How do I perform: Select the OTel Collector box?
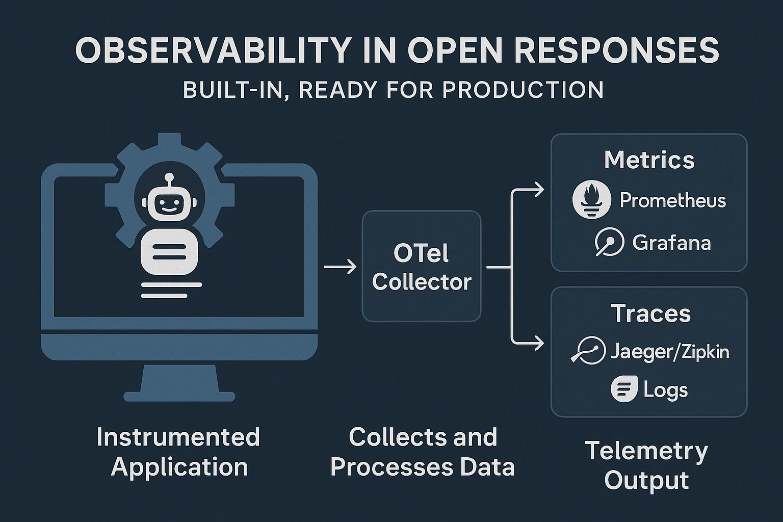point(422,267)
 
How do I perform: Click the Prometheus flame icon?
point(591,200)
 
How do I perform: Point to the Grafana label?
point(671,243)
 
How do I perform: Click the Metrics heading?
point(649,160)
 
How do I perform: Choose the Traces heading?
point(650,313)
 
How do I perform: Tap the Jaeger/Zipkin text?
point(670,352)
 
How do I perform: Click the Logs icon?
point(624,389)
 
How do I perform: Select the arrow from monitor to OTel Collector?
point(340,267)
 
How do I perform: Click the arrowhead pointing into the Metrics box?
point(538,190)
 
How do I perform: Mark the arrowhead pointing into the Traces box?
point(538,343)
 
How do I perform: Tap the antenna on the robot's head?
point(169,178)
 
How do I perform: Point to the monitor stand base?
point(179,396)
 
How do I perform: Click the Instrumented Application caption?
point(179,452)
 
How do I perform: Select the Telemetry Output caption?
point(646,465)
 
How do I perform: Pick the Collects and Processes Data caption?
point(423,452)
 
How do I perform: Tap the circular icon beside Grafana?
point(609,242)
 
